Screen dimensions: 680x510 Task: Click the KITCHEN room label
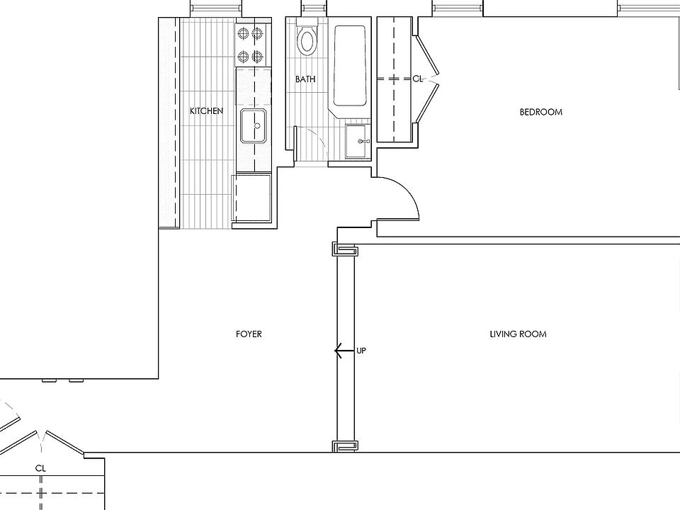point(206,111)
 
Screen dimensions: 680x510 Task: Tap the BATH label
point(305,79)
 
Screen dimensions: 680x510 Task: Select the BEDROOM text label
point(540,112)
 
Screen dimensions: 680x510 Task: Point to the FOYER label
point(249,334)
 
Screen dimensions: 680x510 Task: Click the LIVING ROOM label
point(518,334)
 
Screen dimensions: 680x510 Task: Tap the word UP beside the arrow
point(361,351)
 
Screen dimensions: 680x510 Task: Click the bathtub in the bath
point(350,65)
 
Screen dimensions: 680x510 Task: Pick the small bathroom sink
point(357,141)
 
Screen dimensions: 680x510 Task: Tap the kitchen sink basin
point(254,126)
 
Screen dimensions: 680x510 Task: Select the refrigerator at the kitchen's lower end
point(251,198)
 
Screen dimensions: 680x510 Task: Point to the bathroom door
point(295,143)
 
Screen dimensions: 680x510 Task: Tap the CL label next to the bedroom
point(418,79)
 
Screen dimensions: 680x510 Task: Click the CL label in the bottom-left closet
point(41,468)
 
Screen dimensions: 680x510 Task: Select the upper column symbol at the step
point(346,250)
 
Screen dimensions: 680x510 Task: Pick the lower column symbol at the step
point(346,446)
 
